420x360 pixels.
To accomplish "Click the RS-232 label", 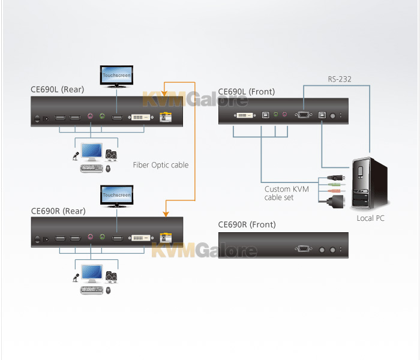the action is click(340, 79).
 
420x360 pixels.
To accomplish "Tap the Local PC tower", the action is click(370, 183).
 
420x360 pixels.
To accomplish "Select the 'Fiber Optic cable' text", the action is click(161, 165).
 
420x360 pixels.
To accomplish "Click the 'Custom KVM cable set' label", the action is click(286, 193).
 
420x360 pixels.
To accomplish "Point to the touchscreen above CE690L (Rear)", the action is click(116, 77).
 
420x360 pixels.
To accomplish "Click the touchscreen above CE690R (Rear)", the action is click(117, 196).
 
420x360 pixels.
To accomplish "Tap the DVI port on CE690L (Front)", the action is click(245, 115).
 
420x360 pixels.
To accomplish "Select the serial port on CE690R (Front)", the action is click(304, 249).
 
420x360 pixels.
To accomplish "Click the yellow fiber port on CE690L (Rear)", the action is click(166, 117).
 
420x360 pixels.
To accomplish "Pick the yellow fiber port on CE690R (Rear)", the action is click(166, 238).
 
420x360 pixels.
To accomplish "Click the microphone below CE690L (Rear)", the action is click(76, 156).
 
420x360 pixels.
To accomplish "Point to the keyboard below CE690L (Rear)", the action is click(92, 168).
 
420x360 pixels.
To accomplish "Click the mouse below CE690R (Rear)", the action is click(108, 290).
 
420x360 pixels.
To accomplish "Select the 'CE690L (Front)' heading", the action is click(247, 92).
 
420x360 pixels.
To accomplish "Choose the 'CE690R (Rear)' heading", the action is click(58, 211).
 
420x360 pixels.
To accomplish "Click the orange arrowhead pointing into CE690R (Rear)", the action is click(166, 214).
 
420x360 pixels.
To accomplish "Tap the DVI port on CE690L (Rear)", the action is click(140, 117).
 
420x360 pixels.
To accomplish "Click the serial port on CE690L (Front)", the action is click(304, 115).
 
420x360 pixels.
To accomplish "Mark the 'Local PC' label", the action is click(370, 218).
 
